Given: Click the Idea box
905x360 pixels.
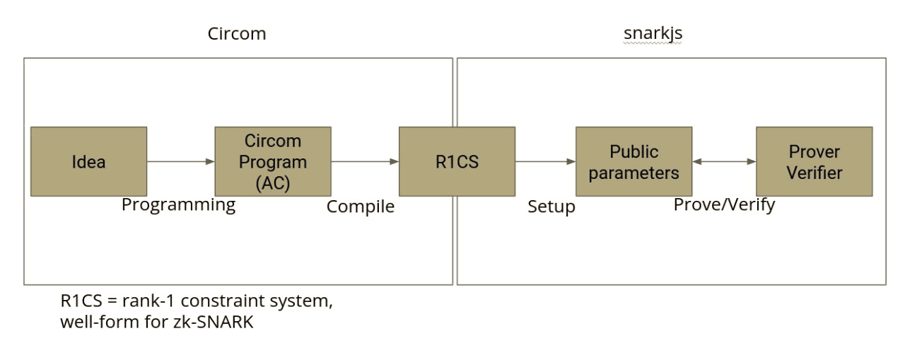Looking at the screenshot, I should (x=88, y=161).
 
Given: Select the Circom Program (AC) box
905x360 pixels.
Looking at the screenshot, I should (x=272, y=161).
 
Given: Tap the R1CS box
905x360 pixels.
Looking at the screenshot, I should (x=457, y=161).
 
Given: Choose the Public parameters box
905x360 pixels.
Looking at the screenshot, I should (x=633, y=161).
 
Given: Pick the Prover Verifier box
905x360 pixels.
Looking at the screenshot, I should (x=814, y=161).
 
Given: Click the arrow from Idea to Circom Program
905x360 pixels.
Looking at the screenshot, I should (x=180, y=161).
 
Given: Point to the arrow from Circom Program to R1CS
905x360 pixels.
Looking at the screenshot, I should (x=365, y=161).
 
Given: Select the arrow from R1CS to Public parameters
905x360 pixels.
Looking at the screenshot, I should (x=545, y=161).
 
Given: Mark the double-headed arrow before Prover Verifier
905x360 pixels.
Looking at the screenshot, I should (x=724, y=161).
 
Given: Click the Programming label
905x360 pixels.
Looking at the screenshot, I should (x=178, y=205).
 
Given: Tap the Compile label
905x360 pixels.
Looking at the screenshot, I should (x=360, y=207).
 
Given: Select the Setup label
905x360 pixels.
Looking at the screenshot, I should (x=551, y=207).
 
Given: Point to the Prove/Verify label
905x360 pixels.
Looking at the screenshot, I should (x=724, y=205).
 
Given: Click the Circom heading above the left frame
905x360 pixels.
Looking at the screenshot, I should (x=237, y=34).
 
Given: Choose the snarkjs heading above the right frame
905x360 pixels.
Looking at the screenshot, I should (x=653, y=34).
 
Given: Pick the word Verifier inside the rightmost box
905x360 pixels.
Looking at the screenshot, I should (x=814, y=173).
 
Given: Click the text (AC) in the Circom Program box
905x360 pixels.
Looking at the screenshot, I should (x=272, y=182).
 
